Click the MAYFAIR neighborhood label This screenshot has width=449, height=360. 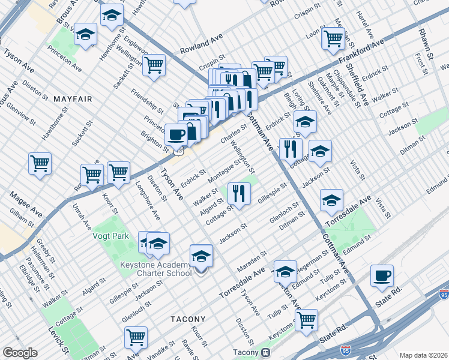pos(72,98)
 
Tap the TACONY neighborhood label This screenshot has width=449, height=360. pos(188,319)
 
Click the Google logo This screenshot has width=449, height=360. pos(19,352)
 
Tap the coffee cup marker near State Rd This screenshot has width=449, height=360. pos(382,276)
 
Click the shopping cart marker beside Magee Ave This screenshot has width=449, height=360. pos(40,163)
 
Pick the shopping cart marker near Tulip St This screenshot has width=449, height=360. pos(306,319)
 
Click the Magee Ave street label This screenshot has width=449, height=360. pos(25,203)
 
